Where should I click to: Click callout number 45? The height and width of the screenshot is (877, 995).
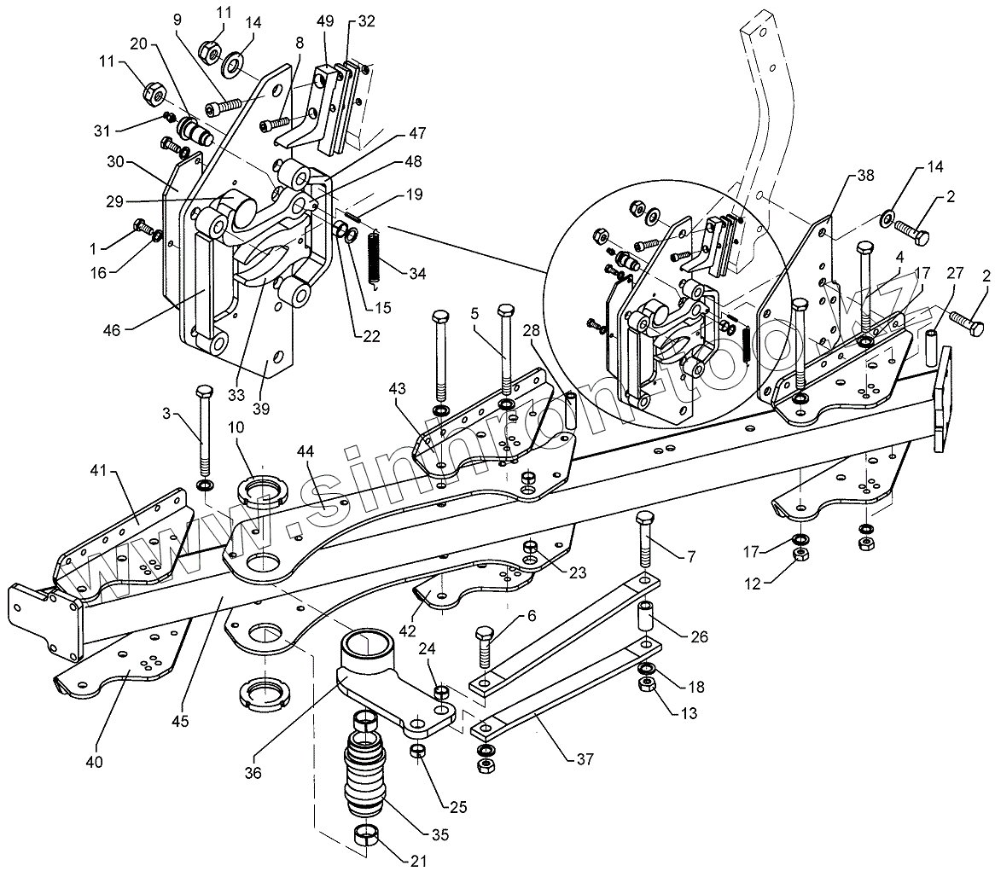click(x=180, y=722)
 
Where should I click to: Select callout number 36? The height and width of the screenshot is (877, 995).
click(x=253, y=773)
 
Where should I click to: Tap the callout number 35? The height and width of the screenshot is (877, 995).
click(x=439, y=834)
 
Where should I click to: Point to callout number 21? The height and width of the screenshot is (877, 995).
click(x=418, y=861)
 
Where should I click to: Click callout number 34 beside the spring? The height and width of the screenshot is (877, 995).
click(x=417, y=274)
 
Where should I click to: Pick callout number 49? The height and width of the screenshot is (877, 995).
click(x=325, y=21)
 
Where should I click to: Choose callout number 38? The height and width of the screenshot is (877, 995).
click(x=865, y=176)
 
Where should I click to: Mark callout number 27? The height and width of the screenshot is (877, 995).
click(x=955, y=274)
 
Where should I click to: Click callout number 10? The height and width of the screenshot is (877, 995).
click(x=236, y=427)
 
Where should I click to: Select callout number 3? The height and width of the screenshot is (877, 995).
click(x=167, y=414)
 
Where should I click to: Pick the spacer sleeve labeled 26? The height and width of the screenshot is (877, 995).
click(x=647, y=615)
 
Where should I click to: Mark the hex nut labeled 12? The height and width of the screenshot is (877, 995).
click(x=800, y=554)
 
